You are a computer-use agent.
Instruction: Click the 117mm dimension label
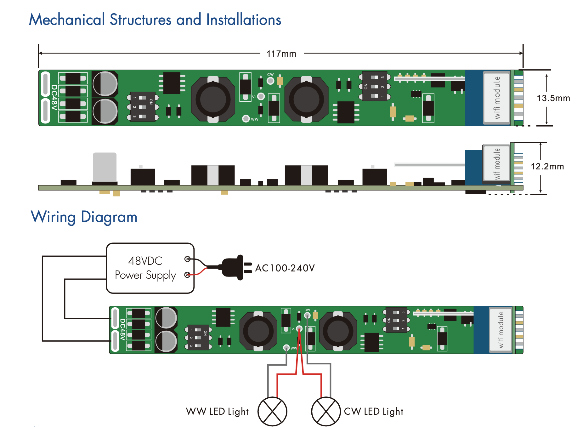click(281, 54)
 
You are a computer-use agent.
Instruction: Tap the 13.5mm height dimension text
click(553, 98)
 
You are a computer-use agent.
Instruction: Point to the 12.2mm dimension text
click(547, 167)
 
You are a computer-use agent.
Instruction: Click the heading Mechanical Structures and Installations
click(155, 20)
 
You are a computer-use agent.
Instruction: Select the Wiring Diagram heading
click(84, 217)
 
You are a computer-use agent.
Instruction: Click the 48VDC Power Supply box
click(150, 268)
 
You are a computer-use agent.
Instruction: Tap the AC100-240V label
click(285, 268)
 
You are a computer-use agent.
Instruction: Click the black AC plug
click(235, 267)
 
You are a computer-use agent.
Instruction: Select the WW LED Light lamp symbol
click(272, 411)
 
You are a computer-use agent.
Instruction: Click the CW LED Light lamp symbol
click(326, 411)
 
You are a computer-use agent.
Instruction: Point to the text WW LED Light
click(217, 412)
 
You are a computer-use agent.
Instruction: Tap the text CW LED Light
click(374, 412)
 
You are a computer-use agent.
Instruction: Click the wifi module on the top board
click(497, 98)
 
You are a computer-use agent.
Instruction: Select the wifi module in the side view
click(496, 164)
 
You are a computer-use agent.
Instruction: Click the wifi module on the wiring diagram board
click(501, 330)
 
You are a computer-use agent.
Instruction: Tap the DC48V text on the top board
click(54, 98)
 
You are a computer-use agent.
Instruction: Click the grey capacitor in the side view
click(105, 167)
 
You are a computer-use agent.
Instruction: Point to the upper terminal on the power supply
click(187, 259)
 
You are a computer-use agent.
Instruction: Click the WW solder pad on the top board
click(246, 119)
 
